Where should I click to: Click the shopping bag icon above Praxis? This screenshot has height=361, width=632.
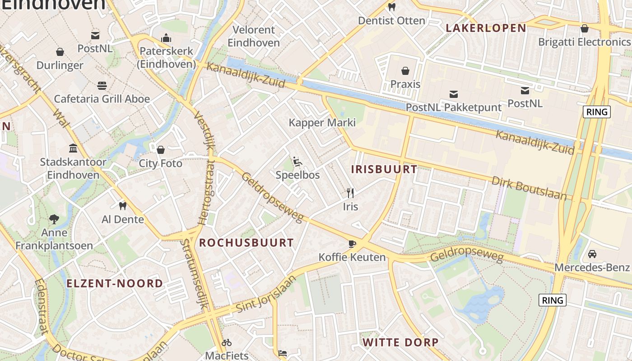pos(405,71)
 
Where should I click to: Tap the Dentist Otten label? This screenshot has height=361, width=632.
pos(391,21)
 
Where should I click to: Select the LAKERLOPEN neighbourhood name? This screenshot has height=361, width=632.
pos(486,28)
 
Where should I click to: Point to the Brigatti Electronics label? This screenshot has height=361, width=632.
pos(584,42)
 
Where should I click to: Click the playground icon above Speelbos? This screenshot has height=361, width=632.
pos(297,162)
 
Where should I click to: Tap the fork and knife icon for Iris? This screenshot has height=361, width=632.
pos(350,193)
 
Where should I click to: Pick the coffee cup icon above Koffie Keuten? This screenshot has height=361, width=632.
pos(352,244)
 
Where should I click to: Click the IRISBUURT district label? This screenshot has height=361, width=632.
pos(384,170)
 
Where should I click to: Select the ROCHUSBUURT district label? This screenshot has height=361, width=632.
pos(246,243)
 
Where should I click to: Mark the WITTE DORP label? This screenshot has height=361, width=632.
pos(400,342)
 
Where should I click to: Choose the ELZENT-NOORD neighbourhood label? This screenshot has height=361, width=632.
pos(115,283)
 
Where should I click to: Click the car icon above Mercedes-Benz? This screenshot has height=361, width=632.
pos(592,254)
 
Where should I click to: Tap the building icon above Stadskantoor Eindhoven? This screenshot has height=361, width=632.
pos(73,148)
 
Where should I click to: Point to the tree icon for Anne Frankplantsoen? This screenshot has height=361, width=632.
pos(54,219)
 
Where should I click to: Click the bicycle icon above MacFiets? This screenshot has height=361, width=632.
pos(227,342)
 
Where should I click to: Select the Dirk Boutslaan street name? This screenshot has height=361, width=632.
pos(529,188)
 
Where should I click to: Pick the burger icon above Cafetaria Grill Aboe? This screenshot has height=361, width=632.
pos(102,85)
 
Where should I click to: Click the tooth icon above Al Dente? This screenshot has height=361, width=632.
pos(122,206)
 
